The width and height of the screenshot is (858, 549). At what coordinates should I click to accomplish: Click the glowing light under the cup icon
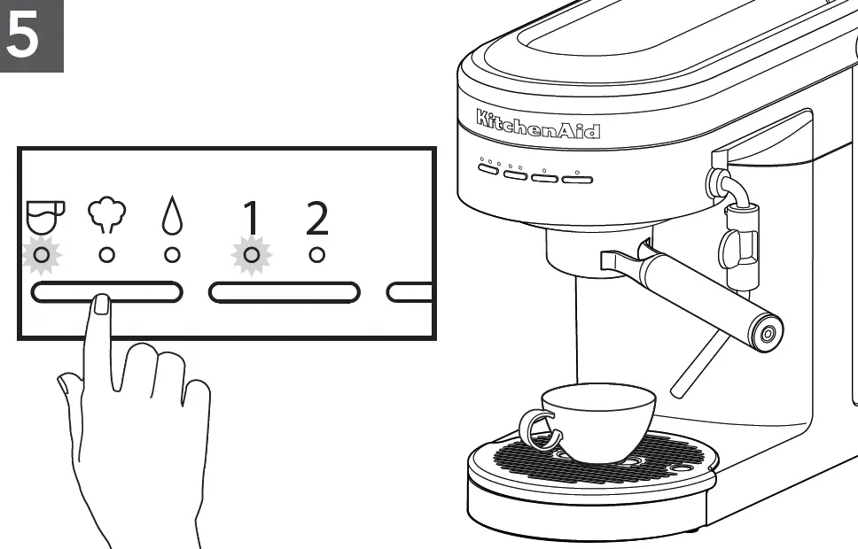(41, 255)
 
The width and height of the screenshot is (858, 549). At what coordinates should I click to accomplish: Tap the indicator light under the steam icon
(106, 255)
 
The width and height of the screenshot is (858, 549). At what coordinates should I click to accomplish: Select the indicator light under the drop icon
(172, 255)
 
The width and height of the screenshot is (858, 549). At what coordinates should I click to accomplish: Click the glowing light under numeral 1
(252, 255)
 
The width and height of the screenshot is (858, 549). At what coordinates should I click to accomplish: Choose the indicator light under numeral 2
(316, 255)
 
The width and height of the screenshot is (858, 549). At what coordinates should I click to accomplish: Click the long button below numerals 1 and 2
(285, 292)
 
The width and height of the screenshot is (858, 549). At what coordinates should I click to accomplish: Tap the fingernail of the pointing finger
(101, 304)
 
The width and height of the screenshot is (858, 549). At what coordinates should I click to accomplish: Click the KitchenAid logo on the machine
(537, 124)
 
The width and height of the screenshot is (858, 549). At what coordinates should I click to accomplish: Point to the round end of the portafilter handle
(765, 332)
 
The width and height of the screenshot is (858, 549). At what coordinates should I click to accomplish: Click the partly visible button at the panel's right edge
(411, 292)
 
